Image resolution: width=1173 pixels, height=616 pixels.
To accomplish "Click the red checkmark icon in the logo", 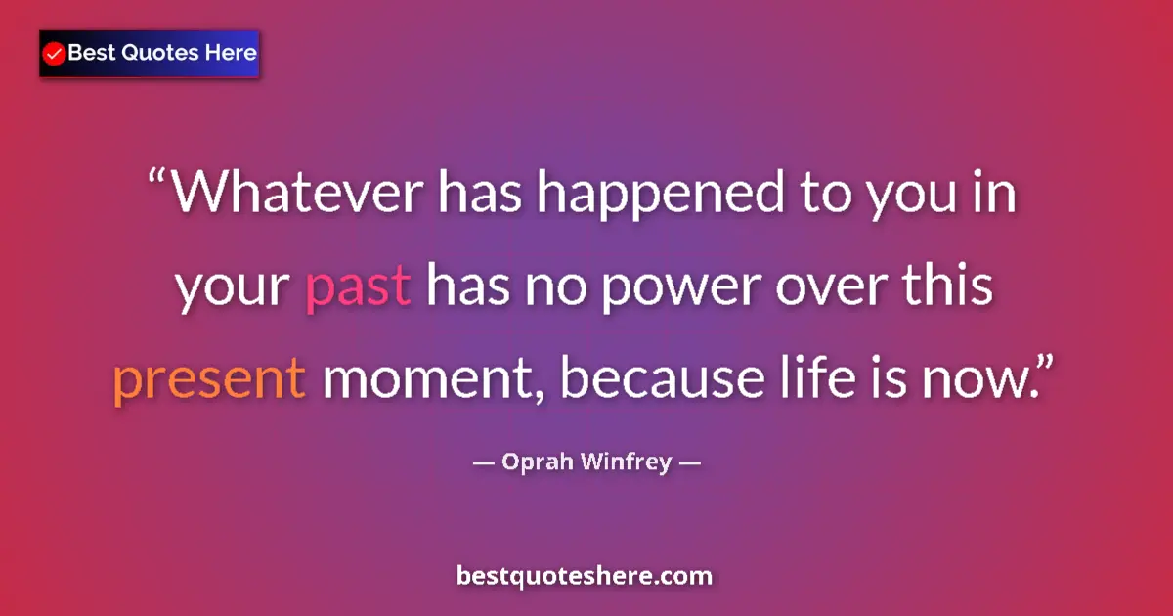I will [55, 54].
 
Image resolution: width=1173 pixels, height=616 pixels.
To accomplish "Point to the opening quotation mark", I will [158, 180].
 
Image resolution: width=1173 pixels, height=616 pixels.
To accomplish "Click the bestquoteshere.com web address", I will [585, 575].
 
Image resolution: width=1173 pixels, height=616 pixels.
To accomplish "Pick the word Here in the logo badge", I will [230, 53].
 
